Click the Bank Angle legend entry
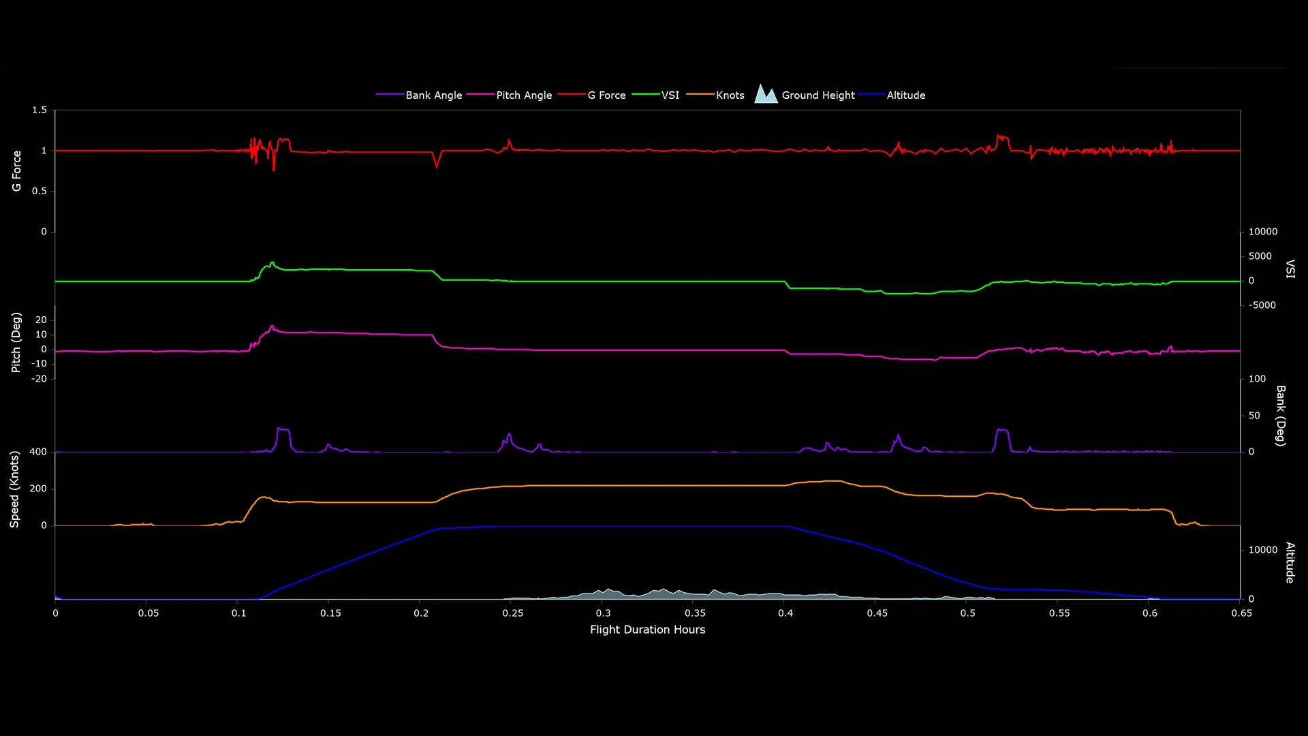click(433, 95)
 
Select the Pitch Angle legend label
click(523, 95)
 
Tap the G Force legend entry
click(606, 95)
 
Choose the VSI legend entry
click(670, 95)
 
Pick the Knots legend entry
click(730, 95)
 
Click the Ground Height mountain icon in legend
click(766, 94)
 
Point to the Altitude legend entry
click(905, 95)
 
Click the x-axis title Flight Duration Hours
click(647, 630)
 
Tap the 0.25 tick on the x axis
click(513, 613)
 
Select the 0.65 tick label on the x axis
click(1241, 613)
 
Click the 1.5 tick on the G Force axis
click(40, 110)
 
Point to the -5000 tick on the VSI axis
click(1262, 305)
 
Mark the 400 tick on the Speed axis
click(38, 452)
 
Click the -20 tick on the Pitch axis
click(39, 379)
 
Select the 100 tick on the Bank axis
click(1257, 379)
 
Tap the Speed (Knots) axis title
click(14, 489)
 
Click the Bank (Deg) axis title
click(1281, 416)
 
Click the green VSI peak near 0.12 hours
click(272, 262)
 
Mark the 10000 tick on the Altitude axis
click(1262, 550)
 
